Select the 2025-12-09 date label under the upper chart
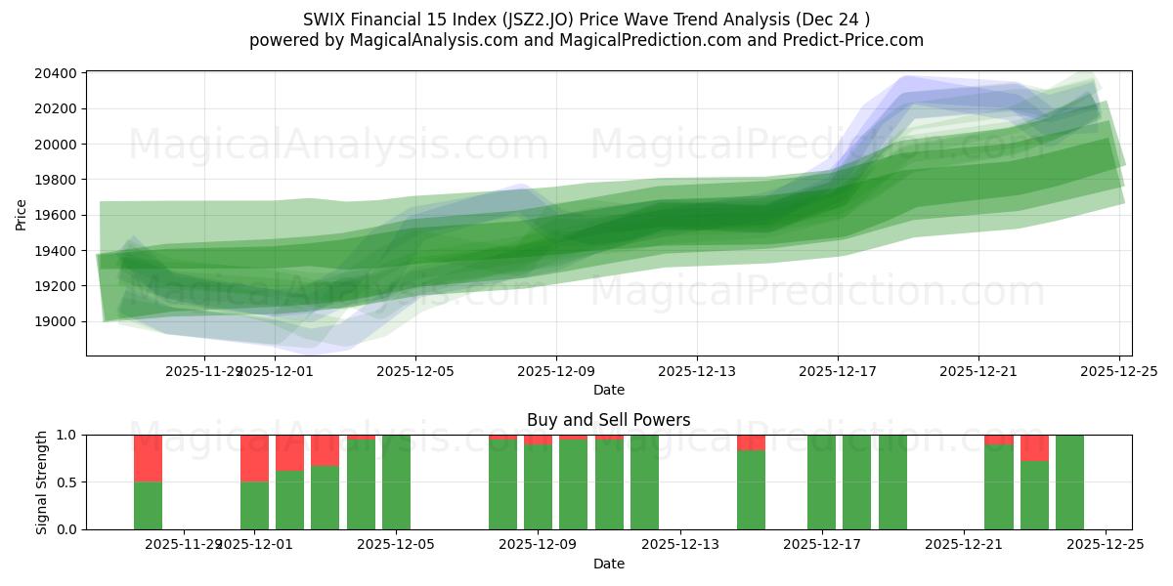[556, 371]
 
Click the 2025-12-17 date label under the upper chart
[838, 371]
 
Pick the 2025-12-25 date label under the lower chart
[1106, 545]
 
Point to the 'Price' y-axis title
[22, 214]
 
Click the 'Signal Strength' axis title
[41, 481]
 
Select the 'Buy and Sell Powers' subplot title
[608, 420]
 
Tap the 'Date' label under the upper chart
[608, 390]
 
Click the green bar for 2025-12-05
[396, 482]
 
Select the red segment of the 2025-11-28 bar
[148, 458]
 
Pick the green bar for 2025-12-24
[1069, 482]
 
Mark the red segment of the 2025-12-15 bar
[751, 442]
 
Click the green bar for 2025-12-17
[821, 482]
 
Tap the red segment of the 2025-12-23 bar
[1034, 447]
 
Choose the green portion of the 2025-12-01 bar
[254, 505]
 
